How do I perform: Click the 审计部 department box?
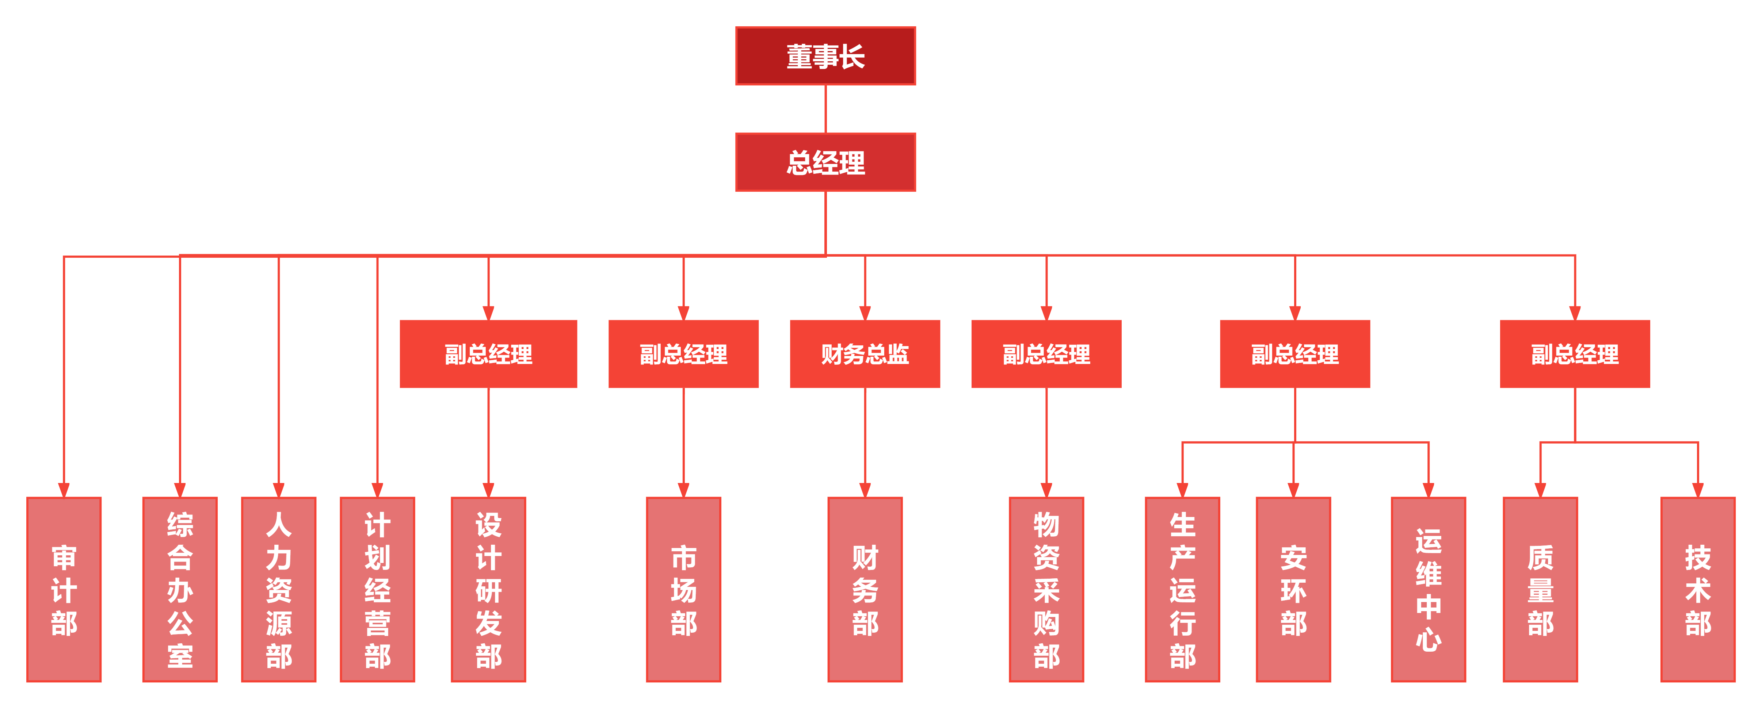point(64,589)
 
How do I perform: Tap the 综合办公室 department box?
point(180,589)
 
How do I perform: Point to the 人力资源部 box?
point(278,589)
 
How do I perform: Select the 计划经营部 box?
point(377,589)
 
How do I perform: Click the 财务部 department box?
point(865,589)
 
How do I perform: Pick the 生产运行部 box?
point(1182,589)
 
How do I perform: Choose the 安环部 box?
point(1293,589)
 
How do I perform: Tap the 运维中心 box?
point(1428,589)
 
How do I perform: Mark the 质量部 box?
point(1540,589)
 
